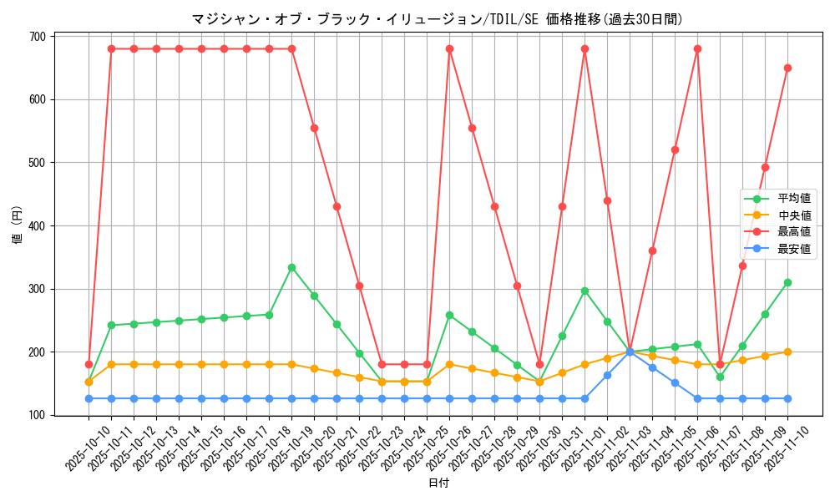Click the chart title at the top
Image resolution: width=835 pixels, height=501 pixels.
click(437, 19)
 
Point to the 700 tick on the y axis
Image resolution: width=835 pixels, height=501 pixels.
click(38, 37)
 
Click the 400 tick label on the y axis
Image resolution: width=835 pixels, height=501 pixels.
click(38, 225)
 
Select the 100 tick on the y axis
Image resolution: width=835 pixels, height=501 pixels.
click(38, 415)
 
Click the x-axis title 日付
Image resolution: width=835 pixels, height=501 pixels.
click(438, 483)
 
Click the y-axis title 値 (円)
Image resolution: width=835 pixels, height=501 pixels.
click(18, 225)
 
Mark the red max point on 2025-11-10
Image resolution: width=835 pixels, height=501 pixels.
click(787, 68)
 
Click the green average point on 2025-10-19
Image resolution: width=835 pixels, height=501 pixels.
click(291, 267)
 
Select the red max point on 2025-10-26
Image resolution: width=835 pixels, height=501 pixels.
click(449, 49)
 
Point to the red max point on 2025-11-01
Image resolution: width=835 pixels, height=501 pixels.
click(584, 49)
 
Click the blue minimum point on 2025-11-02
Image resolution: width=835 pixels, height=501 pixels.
click(607, 375)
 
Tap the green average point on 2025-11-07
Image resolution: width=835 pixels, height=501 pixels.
click(720, 377)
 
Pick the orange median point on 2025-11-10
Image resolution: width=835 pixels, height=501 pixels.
click(787, 352)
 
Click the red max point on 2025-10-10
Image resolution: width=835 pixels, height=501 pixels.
click(89, 364)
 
